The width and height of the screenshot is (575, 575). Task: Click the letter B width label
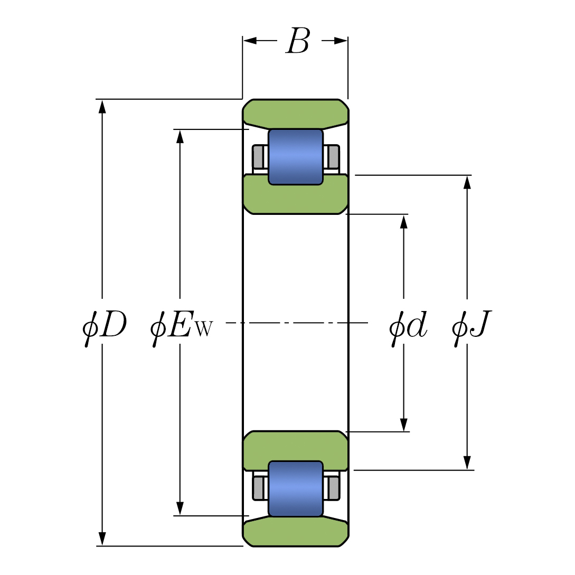click(297, 41)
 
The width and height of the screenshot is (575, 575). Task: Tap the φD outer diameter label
click(105, 327)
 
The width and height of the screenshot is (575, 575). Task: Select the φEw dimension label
click(181, 327)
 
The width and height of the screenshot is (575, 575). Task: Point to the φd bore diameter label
click(408, 327)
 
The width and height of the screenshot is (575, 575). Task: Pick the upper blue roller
click(295, 157)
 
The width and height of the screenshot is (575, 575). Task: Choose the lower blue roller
click(295, 488)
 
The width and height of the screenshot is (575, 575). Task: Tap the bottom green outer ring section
click(295, 533)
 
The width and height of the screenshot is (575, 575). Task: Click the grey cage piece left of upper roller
click(258, 157)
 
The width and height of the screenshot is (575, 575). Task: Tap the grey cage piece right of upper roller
click(333, 157)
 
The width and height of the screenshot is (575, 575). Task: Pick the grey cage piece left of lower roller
click(258, 488)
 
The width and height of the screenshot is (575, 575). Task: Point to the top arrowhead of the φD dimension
click(102, 106)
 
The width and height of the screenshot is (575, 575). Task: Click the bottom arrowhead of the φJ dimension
click(467, 463)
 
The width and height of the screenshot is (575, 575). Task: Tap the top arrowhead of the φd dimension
click(404, 221)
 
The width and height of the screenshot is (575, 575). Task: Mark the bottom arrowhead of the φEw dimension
click(180, 508)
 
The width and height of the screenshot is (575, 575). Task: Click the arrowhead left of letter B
click(250, 41)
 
